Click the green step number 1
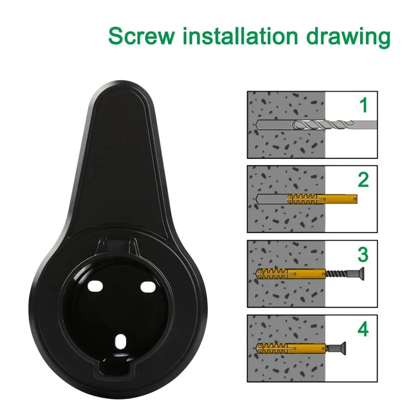pos(363,106)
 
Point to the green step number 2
pos(363,180)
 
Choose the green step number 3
pos(363,255)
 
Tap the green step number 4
pos(363,330)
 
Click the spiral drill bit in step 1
pos(323,124)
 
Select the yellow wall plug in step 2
pos(321,199)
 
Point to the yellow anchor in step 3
pos(290,274)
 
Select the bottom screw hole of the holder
pos(121,342)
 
